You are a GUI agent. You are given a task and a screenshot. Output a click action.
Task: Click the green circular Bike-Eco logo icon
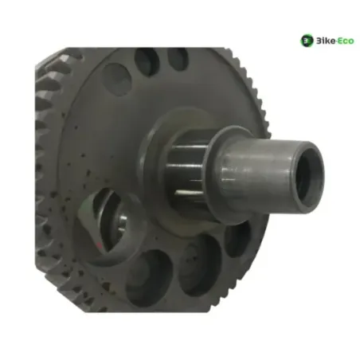click(x=307, y=41)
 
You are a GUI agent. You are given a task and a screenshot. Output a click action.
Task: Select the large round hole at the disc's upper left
click(x=117, y=79)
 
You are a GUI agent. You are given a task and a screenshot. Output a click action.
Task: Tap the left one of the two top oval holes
click(x=147, y=61)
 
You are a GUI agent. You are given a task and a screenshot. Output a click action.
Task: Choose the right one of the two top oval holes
click(x=178, y=59)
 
